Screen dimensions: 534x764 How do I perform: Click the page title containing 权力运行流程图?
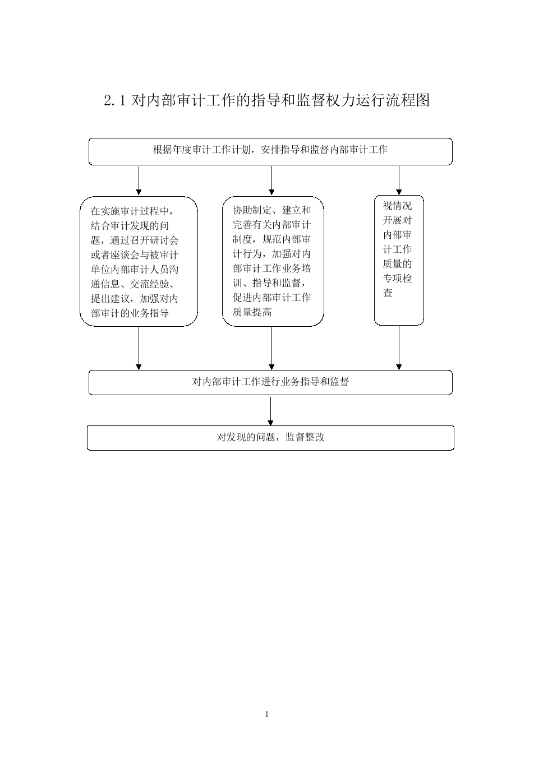(267, 100)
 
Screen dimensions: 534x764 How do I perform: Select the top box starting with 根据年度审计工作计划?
(270, 151)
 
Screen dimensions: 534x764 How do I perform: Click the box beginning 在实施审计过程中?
(139, 261)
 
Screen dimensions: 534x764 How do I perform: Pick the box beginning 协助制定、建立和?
(273, 261)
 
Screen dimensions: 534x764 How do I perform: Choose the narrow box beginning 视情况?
(399, 260)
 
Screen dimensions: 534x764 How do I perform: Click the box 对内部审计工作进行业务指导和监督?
(270, 382)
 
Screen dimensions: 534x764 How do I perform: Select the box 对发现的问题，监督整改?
(270, 438)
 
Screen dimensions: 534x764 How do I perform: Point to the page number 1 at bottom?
(267, 714)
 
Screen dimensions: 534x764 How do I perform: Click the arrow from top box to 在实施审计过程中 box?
(139, 180)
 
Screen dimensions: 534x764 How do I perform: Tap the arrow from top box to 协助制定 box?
(271, 180)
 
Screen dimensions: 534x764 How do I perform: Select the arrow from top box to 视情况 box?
(399, 180)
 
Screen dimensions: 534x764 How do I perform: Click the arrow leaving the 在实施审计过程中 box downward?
(139, 348)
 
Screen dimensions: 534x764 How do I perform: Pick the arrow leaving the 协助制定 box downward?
(271, 348)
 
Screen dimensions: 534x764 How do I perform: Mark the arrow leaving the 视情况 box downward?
(399, 348)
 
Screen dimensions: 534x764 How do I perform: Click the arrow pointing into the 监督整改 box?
(270, 411)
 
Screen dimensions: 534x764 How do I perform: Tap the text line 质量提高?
(252, 312)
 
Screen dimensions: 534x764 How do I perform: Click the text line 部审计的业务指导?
(130, 313)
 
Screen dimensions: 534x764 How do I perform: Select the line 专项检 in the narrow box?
(397, 279)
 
